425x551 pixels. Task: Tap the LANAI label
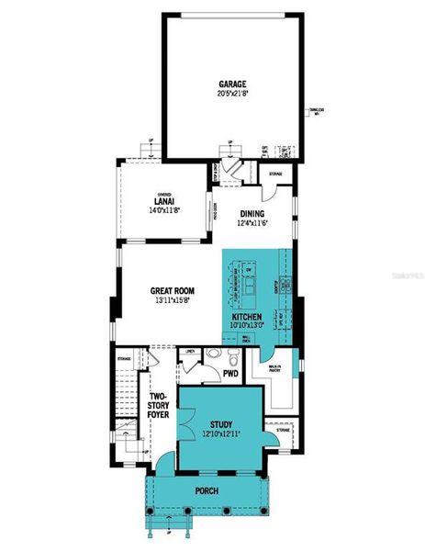click(164, 201)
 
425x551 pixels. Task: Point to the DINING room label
click(252, 214)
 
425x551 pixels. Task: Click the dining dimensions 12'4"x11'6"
click(252, 223)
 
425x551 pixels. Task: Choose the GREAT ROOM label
click(173, 290)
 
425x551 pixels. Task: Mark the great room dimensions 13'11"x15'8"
click(173, 300)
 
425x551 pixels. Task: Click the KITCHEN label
click(247, 315)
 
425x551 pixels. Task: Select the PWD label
click(230, 374)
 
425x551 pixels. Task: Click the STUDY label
click(220, 423)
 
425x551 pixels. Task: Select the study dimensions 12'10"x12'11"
click(220, 433)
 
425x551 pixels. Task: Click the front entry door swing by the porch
click(162, 464)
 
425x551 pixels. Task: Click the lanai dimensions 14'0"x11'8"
click(164, 210)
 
